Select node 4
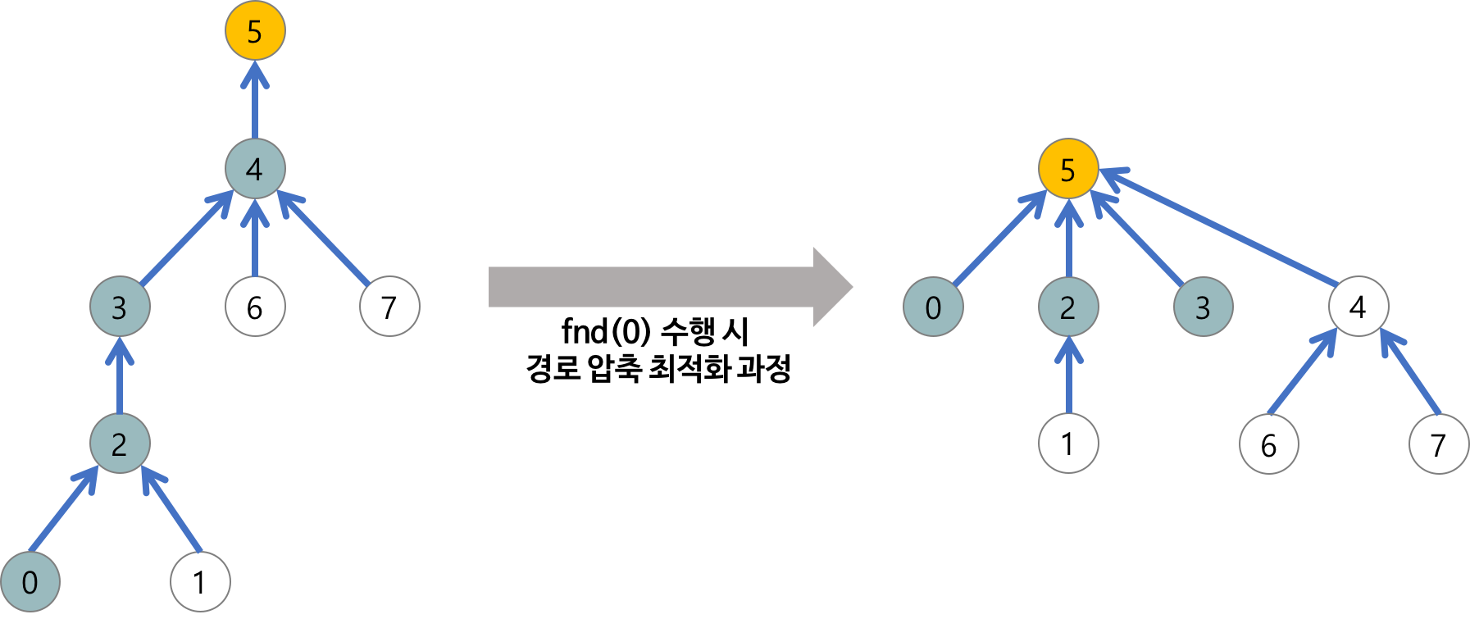[x=255, y=169]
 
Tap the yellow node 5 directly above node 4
[x=255, y=31]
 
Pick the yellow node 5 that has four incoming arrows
[x=1067, y=169]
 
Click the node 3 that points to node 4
[x=120, y=307]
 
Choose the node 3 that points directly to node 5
[x=1203, y=307]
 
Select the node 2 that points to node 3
[x=120, y=444]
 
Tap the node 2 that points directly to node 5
[x=1067, y=307]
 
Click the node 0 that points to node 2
[x=30, y=581]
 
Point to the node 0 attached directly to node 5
[x=933, y=307]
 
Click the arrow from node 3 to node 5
[x=1140, y=242]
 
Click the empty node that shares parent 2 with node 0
[x=200, y=581]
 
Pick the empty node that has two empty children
[x=1358, y=307]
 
